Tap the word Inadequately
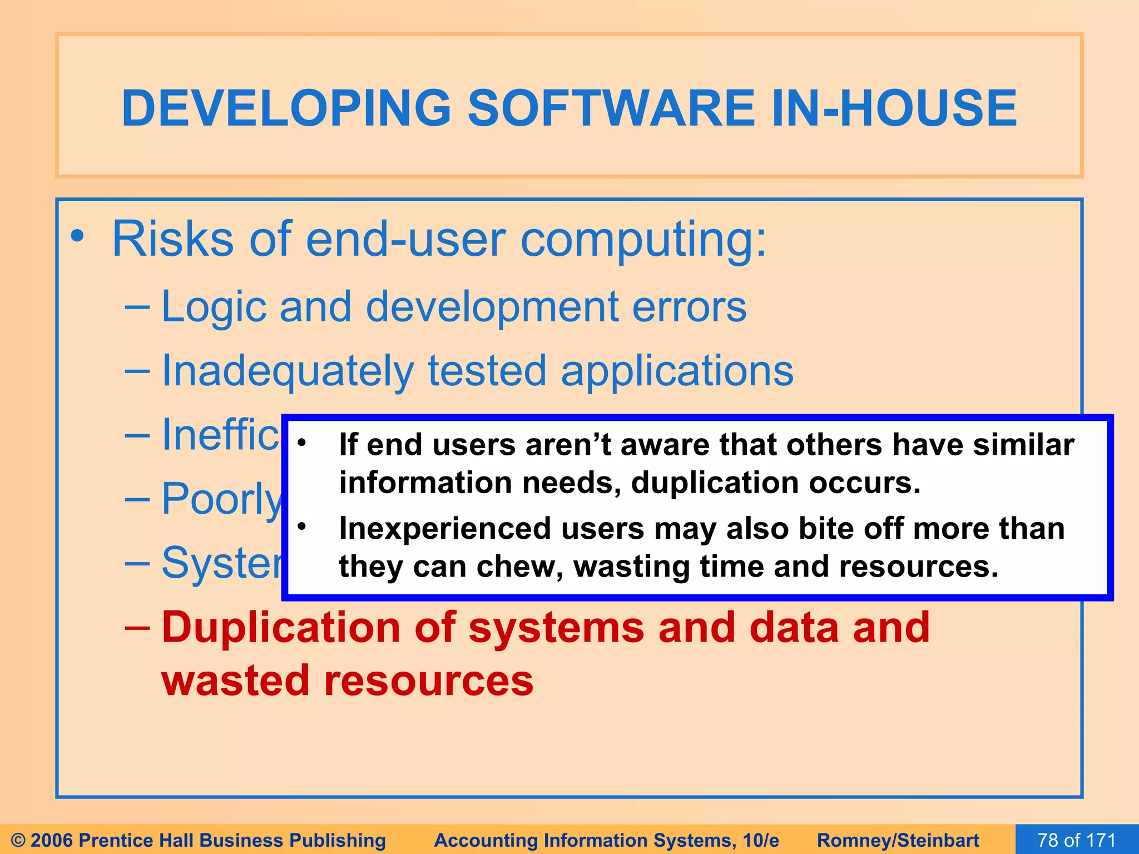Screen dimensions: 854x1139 [x=287, y=371]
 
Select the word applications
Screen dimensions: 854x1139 [x=677, y=371]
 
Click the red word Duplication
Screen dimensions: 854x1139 [x=281, y=628]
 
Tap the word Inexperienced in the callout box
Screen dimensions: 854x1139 [x=445, y=528]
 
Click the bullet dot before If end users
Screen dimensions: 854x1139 [x=301, y=443]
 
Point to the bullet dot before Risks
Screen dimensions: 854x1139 [x=77, y=237]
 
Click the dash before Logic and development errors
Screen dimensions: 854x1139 [x=137, y=306]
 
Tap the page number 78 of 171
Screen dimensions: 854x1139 [x=1076, y=840]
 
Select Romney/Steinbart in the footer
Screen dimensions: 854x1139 [x=898, y=840]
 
